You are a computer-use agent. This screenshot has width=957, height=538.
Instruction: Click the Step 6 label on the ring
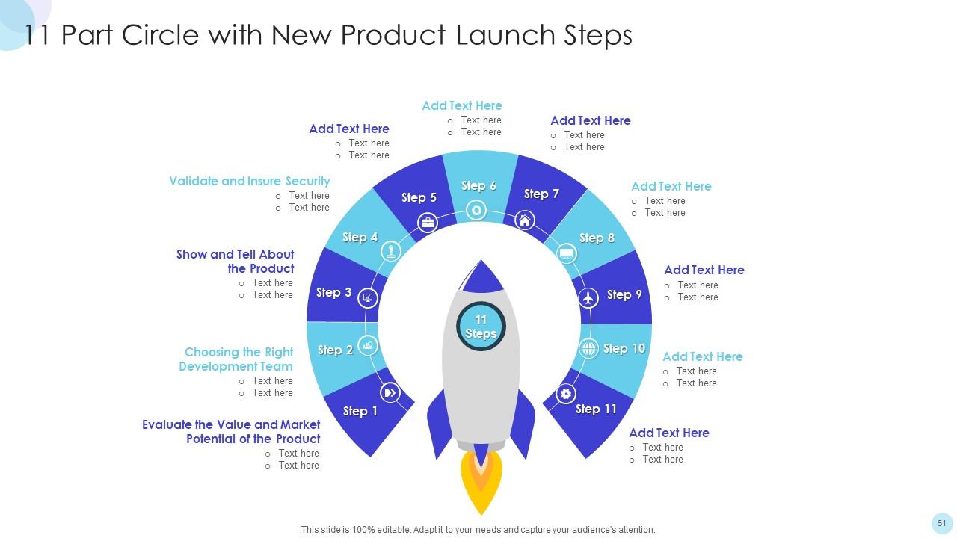pyautogui.click(x=478, y=186)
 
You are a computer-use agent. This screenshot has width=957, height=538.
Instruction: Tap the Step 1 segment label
pyautogui.click(x=360, y=411)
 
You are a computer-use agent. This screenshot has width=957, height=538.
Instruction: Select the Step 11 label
pyautogui.click(x=596, y=409)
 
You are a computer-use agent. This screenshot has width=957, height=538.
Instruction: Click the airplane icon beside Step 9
pyautogui.click(x=589, y=297)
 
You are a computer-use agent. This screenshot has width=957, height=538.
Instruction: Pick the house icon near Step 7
pyautogui.click(x=525, y=220)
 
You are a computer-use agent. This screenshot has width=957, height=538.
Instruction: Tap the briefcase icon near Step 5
pyautogui.click(x=428, y=222)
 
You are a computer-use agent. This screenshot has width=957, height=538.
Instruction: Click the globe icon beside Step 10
pyautogui.click(x=589, y=348)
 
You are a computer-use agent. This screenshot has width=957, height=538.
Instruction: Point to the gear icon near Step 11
pyautogui.click(x=566, y=394)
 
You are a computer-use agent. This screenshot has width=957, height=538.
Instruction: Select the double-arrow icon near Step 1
pyautogui.click(x=390, y=392)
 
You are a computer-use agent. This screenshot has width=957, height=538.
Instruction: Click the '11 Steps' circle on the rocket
pyautogui.click(x=481, y=326)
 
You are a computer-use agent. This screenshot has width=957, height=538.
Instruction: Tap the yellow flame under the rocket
pyautogui.click(x=481, y=486)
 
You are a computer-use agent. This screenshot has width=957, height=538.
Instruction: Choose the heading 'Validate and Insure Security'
pyautogui.click(x=249, y=181)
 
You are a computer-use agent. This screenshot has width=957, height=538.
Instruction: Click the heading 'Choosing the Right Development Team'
pyautogui.click(x=237, y=359)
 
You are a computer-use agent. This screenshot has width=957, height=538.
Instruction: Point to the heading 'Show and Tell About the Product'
pyautogui.click(x=236, y=262)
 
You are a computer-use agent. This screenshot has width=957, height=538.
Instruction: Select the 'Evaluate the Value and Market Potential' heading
pyautogui.click(x=232, y=432)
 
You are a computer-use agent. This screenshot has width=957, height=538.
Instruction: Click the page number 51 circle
pyautogui.click(x=941, y=523)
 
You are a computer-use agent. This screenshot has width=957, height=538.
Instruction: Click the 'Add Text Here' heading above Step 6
pyautogui.click(x=461, y=105)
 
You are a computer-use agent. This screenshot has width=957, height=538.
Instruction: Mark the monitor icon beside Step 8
pyautogui.click(x=567, y=254)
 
